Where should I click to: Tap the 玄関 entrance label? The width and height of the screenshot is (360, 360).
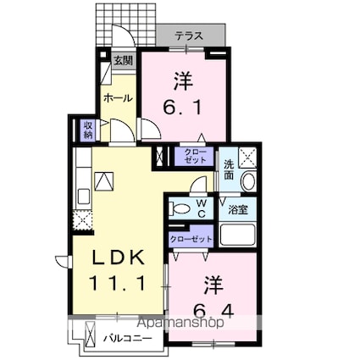124,59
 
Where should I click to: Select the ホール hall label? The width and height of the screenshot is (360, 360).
117,98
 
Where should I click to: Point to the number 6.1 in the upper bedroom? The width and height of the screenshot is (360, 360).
182,107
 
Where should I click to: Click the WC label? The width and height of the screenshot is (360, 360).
202,208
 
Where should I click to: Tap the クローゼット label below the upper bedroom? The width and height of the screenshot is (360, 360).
196,156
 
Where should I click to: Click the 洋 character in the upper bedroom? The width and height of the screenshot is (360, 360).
182,82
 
